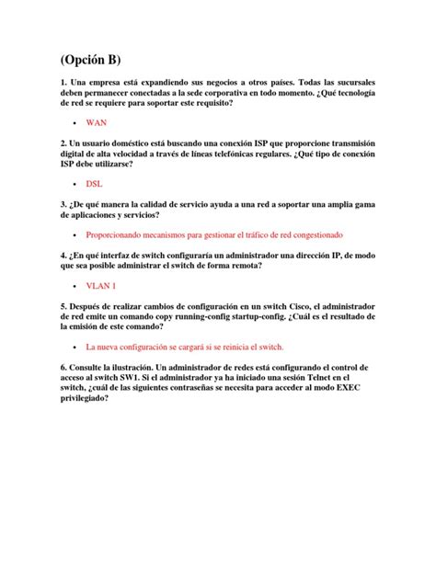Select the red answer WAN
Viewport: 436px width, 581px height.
click(97, 121)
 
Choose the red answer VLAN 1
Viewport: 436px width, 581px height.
click(100, 286)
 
